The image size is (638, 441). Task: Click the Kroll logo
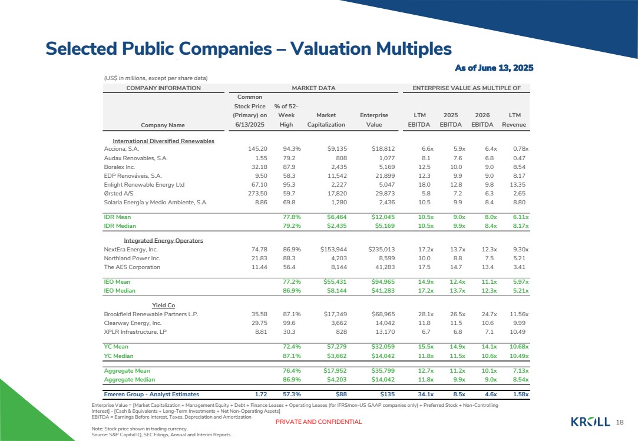click(x=590, y=422)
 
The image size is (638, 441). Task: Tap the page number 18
click(x=620, y=422)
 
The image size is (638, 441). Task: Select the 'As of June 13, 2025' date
click(x=494, y=68)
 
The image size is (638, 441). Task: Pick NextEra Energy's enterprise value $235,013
click(x=381, y=250)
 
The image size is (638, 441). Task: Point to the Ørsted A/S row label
click(x=118, y=193)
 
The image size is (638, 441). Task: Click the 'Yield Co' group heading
click(x=164, y=305)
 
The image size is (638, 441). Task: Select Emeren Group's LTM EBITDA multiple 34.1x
click(x=425, y=394)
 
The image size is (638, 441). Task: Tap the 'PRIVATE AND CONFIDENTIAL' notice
click(x=319, y=422)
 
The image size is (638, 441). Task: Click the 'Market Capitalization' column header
click(x=326, y=120)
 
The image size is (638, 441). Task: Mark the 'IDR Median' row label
click(x=120, y=226)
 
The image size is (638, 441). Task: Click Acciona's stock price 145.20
click(x=257, y=149)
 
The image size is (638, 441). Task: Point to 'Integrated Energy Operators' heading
click(x=163, y=240)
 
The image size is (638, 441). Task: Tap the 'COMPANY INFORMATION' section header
click(x=164, y=88)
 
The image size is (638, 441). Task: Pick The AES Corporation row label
click(x=132, y=267)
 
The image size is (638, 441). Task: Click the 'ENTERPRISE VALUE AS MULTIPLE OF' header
click(x=467, y=88)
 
